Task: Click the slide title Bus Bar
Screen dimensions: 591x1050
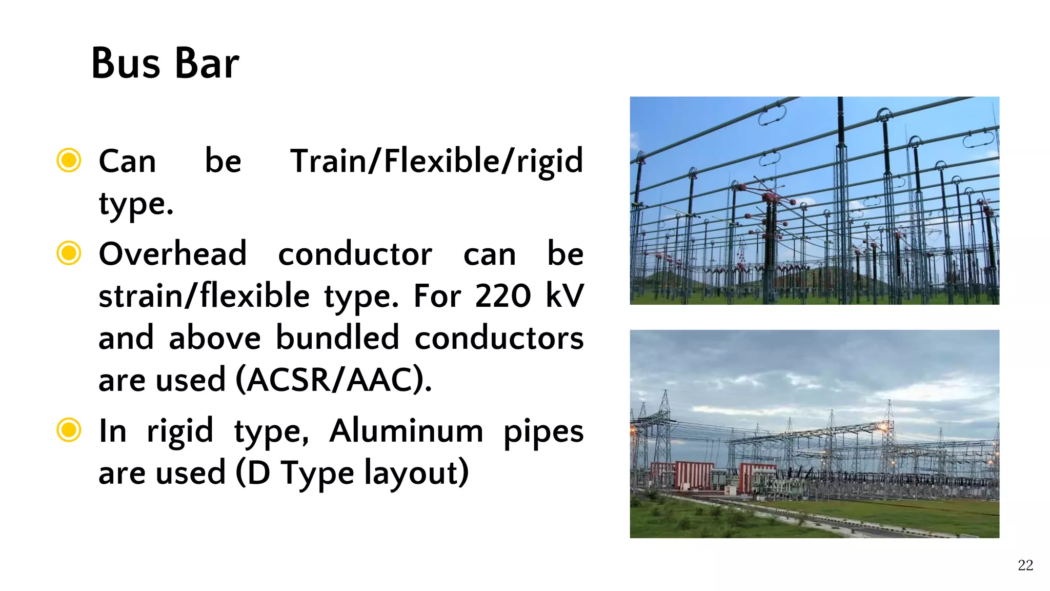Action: pyautogui.click(x=165, y=63)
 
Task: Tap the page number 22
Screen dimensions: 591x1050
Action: pyautogui.click(x=1025, y=565)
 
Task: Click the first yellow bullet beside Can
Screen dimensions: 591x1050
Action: pyautogui.click(x=69, y=160)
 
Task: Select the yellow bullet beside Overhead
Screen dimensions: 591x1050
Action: pyautogui.click(x=69, y=253)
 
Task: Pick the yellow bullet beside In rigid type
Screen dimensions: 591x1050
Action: pyautogui.click(x=69, y=430)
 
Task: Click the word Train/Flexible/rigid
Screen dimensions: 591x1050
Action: pyautogui.click(x=436, y=161)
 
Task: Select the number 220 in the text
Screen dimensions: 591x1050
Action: pyautogui.click(x=502, y=296)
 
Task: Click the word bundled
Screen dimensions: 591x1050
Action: pyautogui.click(x=337, y=338)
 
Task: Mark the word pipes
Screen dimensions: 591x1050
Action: pyautogui.click(x=543, y=432)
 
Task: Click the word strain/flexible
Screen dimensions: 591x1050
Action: pyautogui.click(x=204, y=296)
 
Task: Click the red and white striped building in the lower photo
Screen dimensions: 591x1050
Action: pyautogui.click(x=694, y=475)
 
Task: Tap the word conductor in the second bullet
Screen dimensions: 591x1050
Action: pyautogui.click(x=355, y=254)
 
